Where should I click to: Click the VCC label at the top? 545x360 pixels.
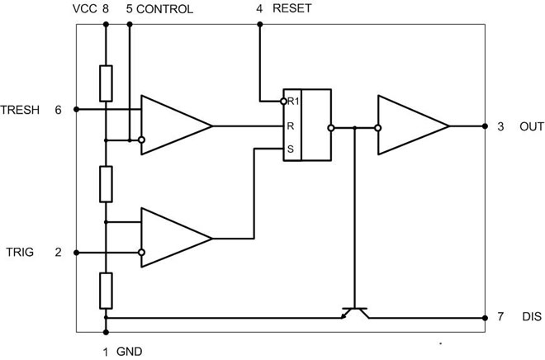coord(85,10)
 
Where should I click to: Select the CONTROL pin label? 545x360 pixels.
coord(164,10)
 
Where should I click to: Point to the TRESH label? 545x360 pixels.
coord(21,109)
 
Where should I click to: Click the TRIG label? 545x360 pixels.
coord(18,252)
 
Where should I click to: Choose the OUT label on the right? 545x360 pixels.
coord(530,127)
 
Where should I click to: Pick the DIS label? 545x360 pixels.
coord(531,317)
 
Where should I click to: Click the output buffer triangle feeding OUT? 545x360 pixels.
coord(410,127)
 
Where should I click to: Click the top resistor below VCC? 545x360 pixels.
coord(106,82)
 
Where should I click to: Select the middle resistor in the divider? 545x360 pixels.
coord(106,183)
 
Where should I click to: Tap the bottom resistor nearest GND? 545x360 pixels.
coord(106,288)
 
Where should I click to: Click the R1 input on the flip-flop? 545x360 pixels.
coord(291,102)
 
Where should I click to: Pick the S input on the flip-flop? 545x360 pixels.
coord(290,149)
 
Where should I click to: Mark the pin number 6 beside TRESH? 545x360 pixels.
coord(58,109)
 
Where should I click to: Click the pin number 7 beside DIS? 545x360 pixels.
coord(501,317)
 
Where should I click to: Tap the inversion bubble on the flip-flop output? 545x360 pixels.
coord(331,128)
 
